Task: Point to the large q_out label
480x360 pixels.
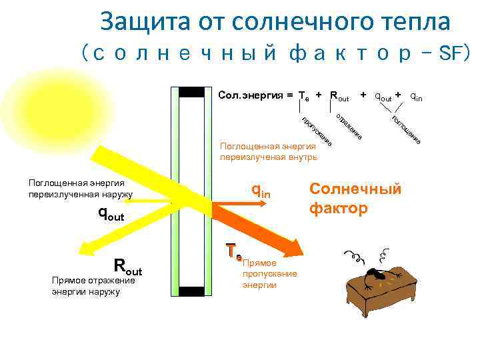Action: click(112, 213)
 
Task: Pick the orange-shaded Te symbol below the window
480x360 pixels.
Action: click(233, 252)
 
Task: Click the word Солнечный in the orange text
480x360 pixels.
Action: click(356, 189)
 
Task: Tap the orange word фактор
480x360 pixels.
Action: click(338, 208)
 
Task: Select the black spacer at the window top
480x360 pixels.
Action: click(192, 92)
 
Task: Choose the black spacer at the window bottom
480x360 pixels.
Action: click(192, 291)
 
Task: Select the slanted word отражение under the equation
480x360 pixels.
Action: click(348, 127)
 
